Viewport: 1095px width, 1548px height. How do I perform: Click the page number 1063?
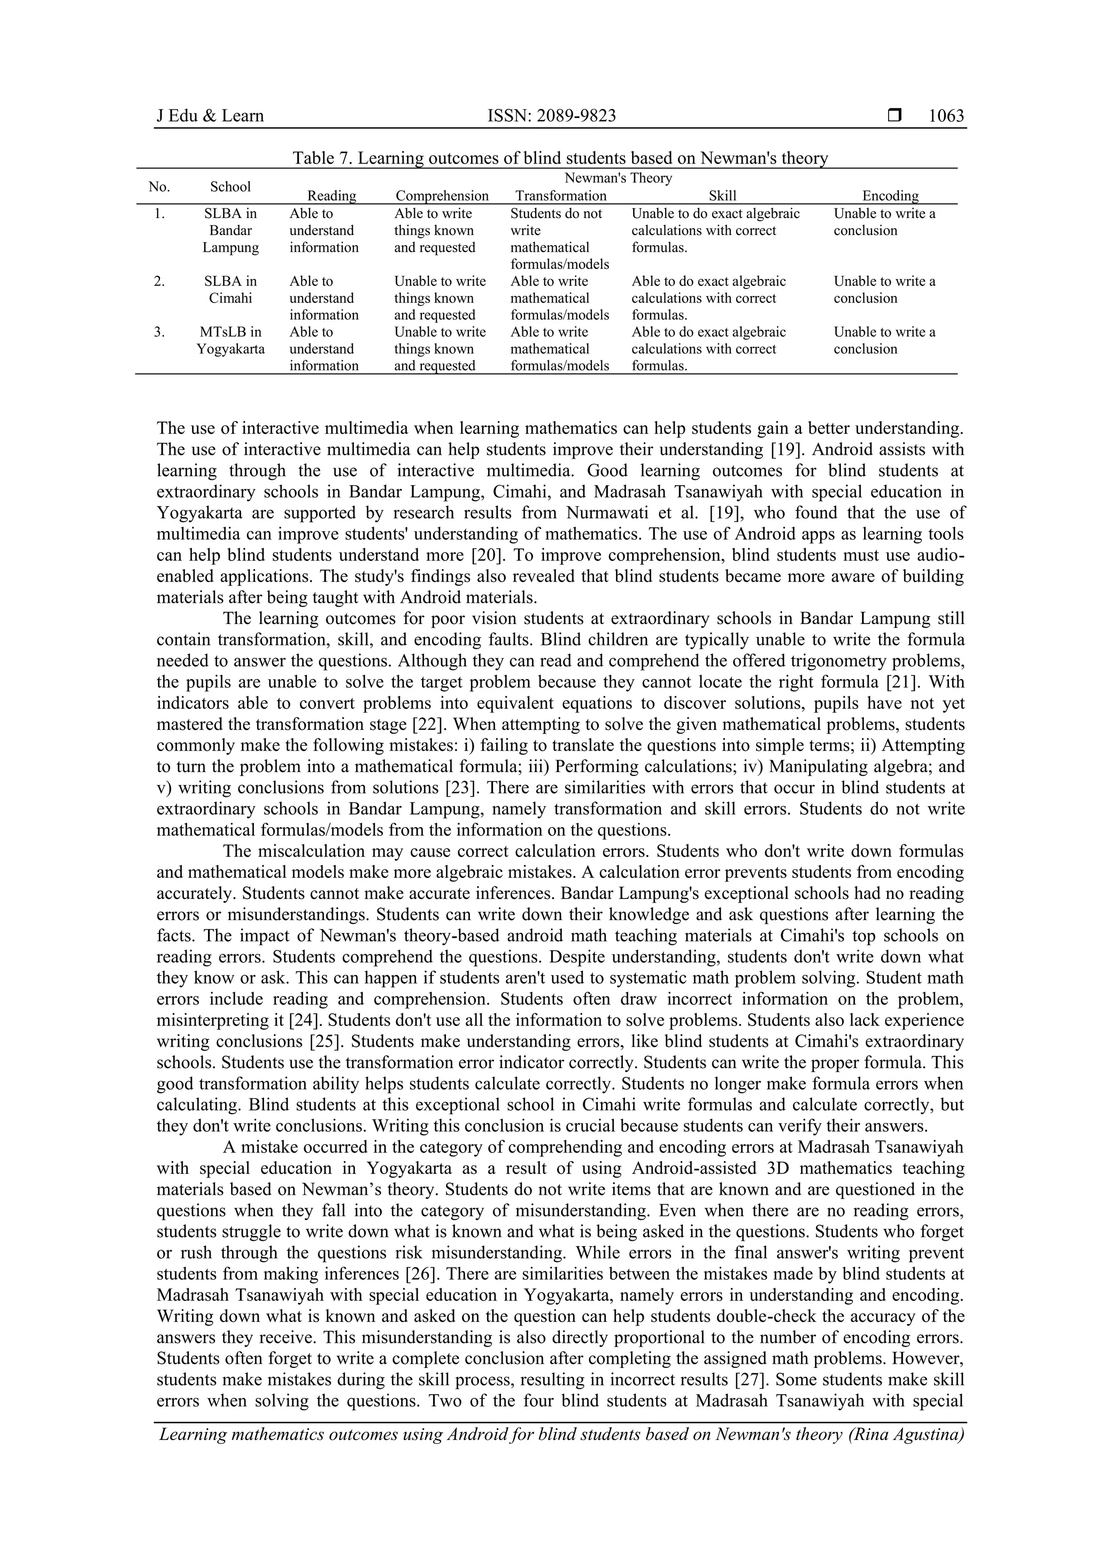click(946, 116)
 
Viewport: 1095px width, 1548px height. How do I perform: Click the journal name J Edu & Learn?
click(210, 116)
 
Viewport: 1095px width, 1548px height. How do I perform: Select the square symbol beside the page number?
click(894, 116)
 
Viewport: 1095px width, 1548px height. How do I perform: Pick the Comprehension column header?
click(442, 196)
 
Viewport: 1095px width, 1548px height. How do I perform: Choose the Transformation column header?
click(561, 196)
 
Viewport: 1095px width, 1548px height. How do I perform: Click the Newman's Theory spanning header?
click(618, 178)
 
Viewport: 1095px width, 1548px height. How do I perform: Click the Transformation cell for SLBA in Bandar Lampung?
click(559, 239)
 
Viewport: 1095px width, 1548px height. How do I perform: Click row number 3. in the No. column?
click(159, 332)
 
